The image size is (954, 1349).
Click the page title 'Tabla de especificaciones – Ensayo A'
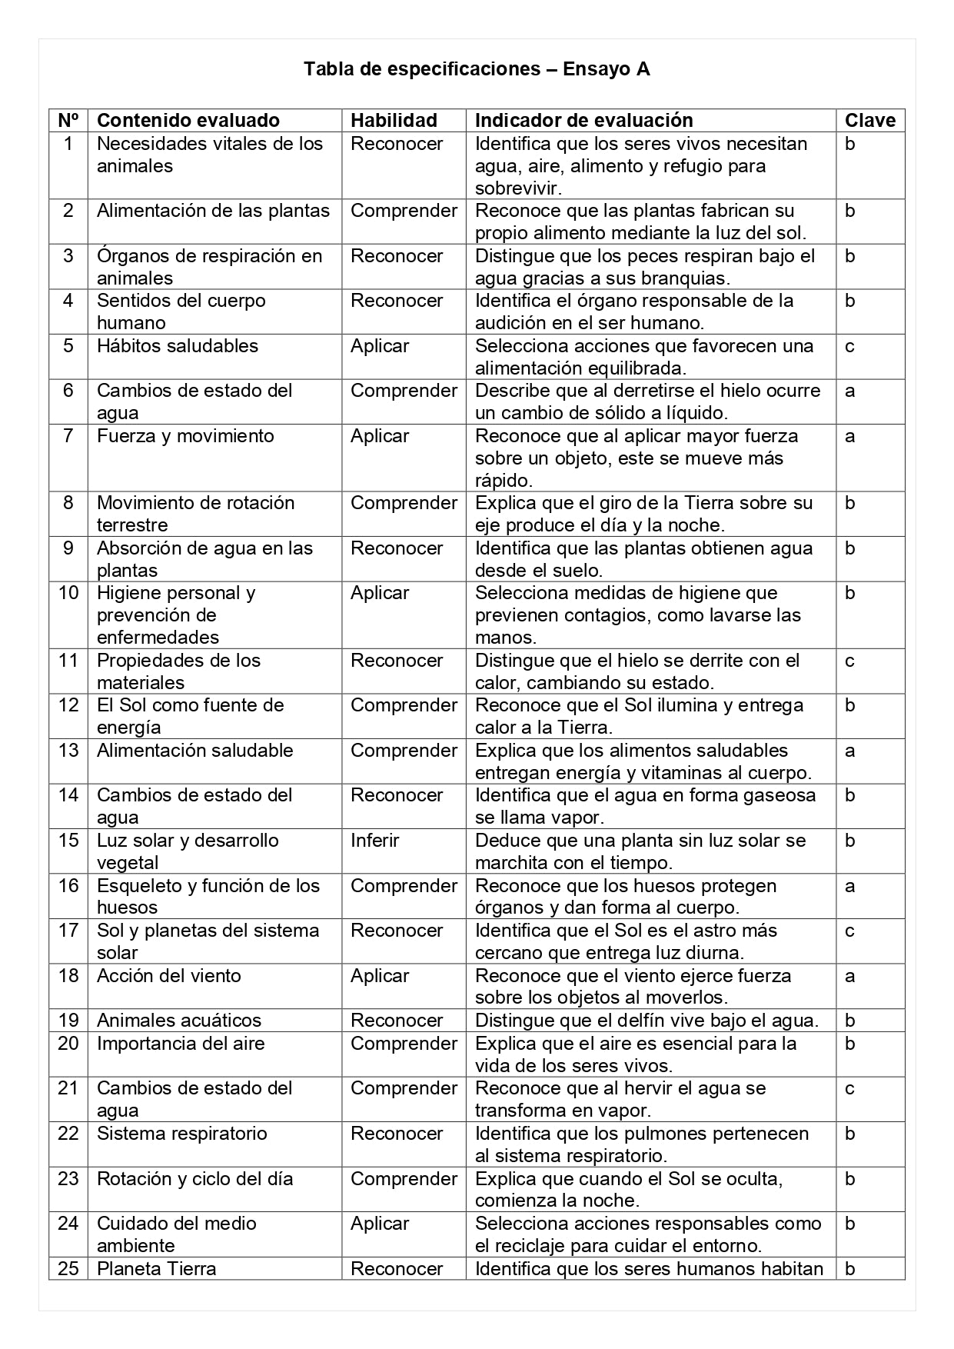(477, 69)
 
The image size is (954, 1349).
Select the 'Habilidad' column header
(394, 120)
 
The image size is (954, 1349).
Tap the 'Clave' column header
(869, 120)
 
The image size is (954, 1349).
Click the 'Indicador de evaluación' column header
(583, 120)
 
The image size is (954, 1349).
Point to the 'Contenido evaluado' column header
(188, 120)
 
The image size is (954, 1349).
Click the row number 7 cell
(68, 436)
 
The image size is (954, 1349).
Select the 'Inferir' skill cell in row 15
(374, 841)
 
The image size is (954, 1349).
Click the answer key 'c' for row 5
(849, 346)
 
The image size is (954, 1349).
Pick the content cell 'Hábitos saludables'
(178, 346)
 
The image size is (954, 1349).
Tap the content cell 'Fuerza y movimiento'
(185, 436)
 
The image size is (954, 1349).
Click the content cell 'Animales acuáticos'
(179, 1021)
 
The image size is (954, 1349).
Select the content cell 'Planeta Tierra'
(157, 1268)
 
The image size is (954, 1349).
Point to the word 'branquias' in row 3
(686, 278)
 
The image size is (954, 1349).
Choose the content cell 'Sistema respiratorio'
(182, 1134)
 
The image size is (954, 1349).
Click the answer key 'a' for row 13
(849, 751)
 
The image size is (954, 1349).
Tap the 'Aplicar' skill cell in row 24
(379, 1224)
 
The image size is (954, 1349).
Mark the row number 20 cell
(68, 1044)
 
